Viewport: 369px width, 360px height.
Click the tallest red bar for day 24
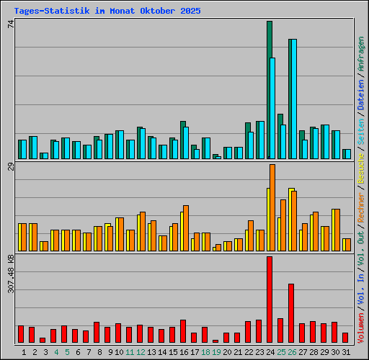click(x=270, y=300)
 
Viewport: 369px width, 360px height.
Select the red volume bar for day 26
click(x=291, y=313)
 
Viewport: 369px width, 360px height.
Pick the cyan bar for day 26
click(x=293, y=99)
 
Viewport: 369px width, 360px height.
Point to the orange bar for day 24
click(x=272, y=208)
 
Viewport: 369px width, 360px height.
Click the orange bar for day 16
click(x=186, y=228)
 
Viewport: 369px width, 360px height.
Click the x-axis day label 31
click(x=345, y=351)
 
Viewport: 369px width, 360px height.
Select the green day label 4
click(x=56, y=351)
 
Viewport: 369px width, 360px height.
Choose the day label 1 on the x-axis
click(x=24, y=351)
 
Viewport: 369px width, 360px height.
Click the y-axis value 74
click(x=11, y=24)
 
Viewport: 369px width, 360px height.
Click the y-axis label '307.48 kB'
click(x=11, y=274)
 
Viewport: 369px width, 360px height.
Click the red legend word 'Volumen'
click(x=360, y=328)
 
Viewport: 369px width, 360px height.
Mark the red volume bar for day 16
click(x=183, y=331)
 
